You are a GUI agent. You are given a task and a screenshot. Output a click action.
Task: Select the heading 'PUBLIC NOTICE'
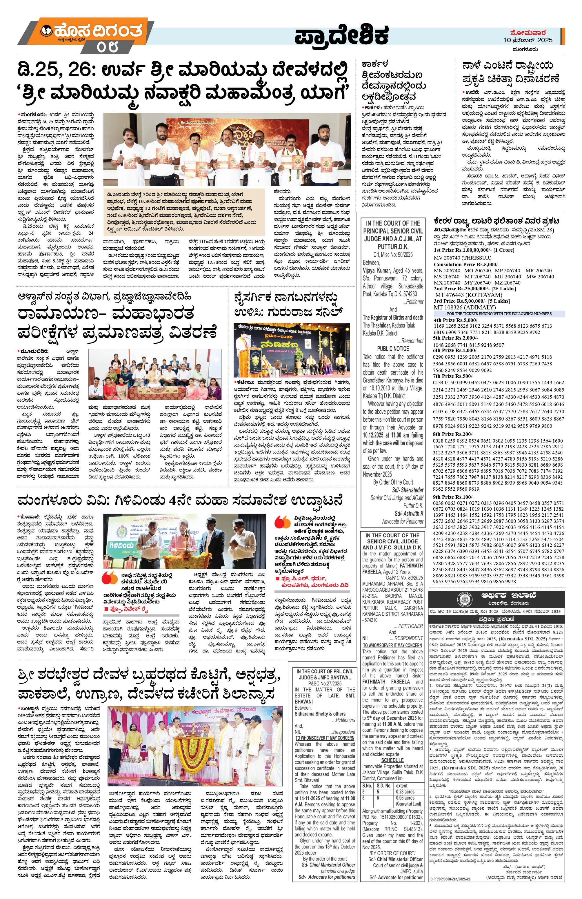[392, 349]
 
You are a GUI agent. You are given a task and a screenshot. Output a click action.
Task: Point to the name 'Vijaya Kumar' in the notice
[377, 271]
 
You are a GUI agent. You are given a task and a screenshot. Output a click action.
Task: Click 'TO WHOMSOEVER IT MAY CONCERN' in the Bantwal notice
[325, 748]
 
